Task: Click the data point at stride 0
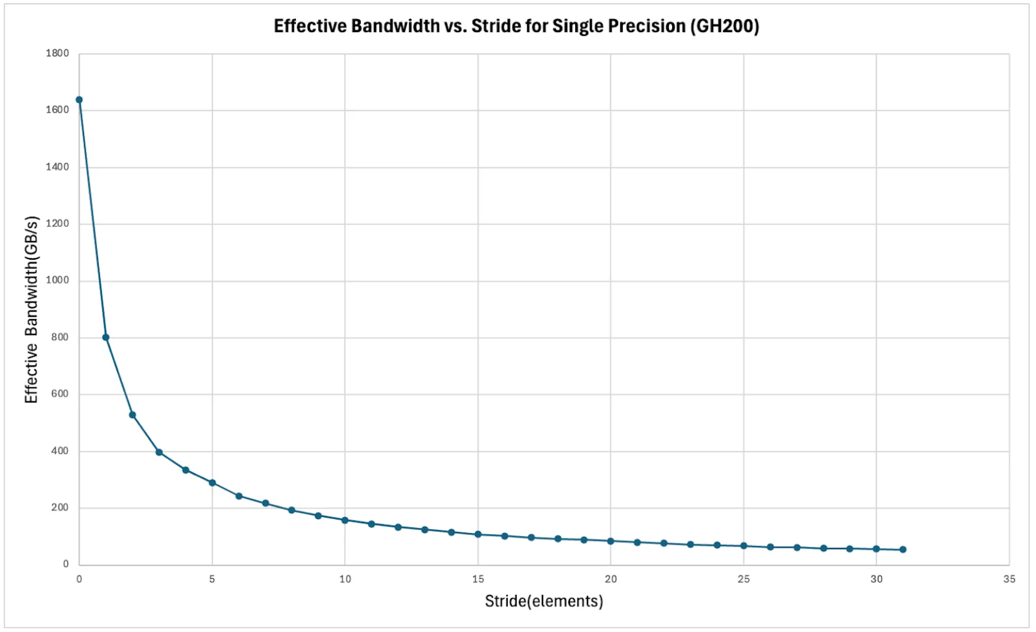click(79, 100)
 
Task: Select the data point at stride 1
click(106, 338)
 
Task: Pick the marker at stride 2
click(132, 415)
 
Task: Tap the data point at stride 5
click(212, 483)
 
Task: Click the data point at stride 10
click(345, 520)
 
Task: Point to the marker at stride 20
click(610, 541)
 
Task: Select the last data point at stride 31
click(903, 550)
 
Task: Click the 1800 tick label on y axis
click(57, 53)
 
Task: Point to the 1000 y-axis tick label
click(57, 280)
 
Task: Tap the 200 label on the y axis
click(59, 508)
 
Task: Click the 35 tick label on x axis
click(1009, 579)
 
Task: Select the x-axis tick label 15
click(478, 579)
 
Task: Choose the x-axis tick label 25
click(743, 579)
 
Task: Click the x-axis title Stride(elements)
click(544, 601)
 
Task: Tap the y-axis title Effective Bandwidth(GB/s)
click(32, 309)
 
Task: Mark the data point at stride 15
click(478, 534)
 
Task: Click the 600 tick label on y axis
click(59, 394)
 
